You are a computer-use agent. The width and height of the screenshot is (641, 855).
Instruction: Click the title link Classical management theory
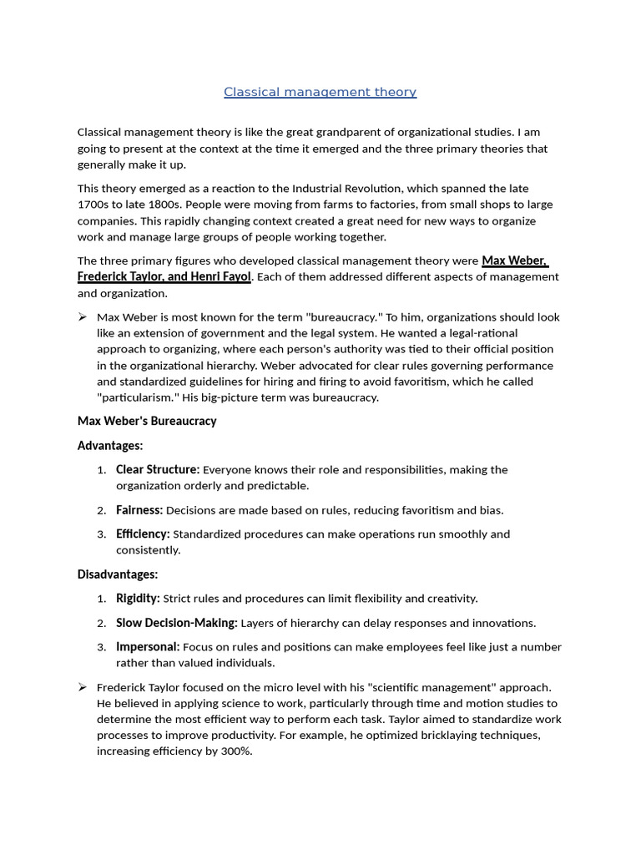click(x=320, y=92)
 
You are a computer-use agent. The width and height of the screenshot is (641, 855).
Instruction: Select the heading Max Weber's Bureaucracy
click(x=147, y=421)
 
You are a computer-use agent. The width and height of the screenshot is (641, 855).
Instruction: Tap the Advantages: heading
click(x=110, y=445)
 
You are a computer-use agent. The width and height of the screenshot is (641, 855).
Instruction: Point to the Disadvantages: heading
click(x=118, y=574)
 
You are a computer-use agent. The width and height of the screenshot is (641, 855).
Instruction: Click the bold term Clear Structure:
click(x=158, y=469)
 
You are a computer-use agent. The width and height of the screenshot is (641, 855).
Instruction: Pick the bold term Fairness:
click(x=139, y=509)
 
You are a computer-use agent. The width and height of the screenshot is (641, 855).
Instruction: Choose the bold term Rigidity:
click(x=138, y=598)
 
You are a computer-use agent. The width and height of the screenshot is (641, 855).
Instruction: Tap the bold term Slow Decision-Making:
click(x=177, y=622)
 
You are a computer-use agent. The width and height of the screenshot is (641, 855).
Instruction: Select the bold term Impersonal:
click(x=148, y=646)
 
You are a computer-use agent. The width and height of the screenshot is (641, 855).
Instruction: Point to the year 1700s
click(x=94, y=205)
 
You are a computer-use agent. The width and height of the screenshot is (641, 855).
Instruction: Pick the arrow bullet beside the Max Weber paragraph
click(x=83, y=317)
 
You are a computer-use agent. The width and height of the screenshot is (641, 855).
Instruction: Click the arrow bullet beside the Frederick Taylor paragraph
click(x=83, y=686)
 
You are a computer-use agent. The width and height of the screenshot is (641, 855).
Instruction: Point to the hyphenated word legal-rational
click(x=481, y=333)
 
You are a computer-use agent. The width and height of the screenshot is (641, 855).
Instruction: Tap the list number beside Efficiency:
click(x=101, y=534)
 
